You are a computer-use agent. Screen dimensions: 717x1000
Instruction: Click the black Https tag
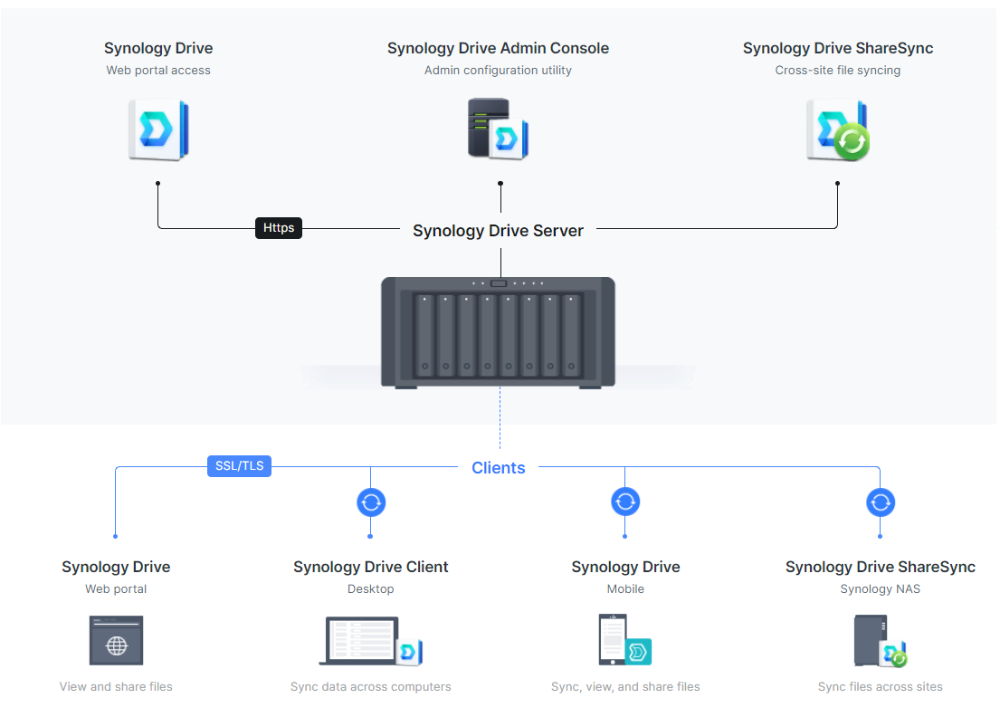(x=278, y=228)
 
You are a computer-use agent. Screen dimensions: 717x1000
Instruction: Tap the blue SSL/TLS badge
(x=239, y=466)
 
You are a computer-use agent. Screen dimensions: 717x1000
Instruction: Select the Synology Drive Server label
(x=498, y=231)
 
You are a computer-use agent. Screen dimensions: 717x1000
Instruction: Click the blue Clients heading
(x=498, y=468)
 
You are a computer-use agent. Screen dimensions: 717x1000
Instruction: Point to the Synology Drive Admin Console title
(x=498, y=49)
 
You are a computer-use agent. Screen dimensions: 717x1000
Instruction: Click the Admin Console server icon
(x=497, y=129)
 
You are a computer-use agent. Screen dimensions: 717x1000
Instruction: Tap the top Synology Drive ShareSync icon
(x=837, y=130)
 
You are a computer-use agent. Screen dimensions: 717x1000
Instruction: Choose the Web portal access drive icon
(x=158, y=130)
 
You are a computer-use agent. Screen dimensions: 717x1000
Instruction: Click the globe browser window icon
(x=116, y=641)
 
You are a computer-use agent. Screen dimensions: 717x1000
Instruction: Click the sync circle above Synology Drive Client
(x=371, y=502)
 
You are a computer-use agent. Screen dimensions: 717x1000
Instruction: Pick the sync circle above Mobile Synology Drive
(x=625, y=502)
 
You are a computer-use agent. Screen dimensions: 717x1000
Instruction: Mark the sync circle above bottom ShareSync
(x=880, y=502)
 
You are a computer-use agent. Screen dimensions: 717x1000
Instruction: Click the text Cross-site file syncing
(x=837, y=71)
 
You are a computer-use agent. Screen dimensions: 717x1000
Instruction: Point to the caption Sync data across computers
(x=370, y=687)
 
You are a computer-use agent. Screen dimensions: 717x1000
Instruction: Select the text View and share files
(x=116, y=687)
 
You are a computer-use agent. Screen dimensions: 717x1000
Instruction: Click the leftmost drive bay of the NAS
(x=424, y=335)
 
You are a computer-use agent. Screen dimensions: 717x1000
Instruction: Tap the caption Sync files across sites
(x=880, y=687)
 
